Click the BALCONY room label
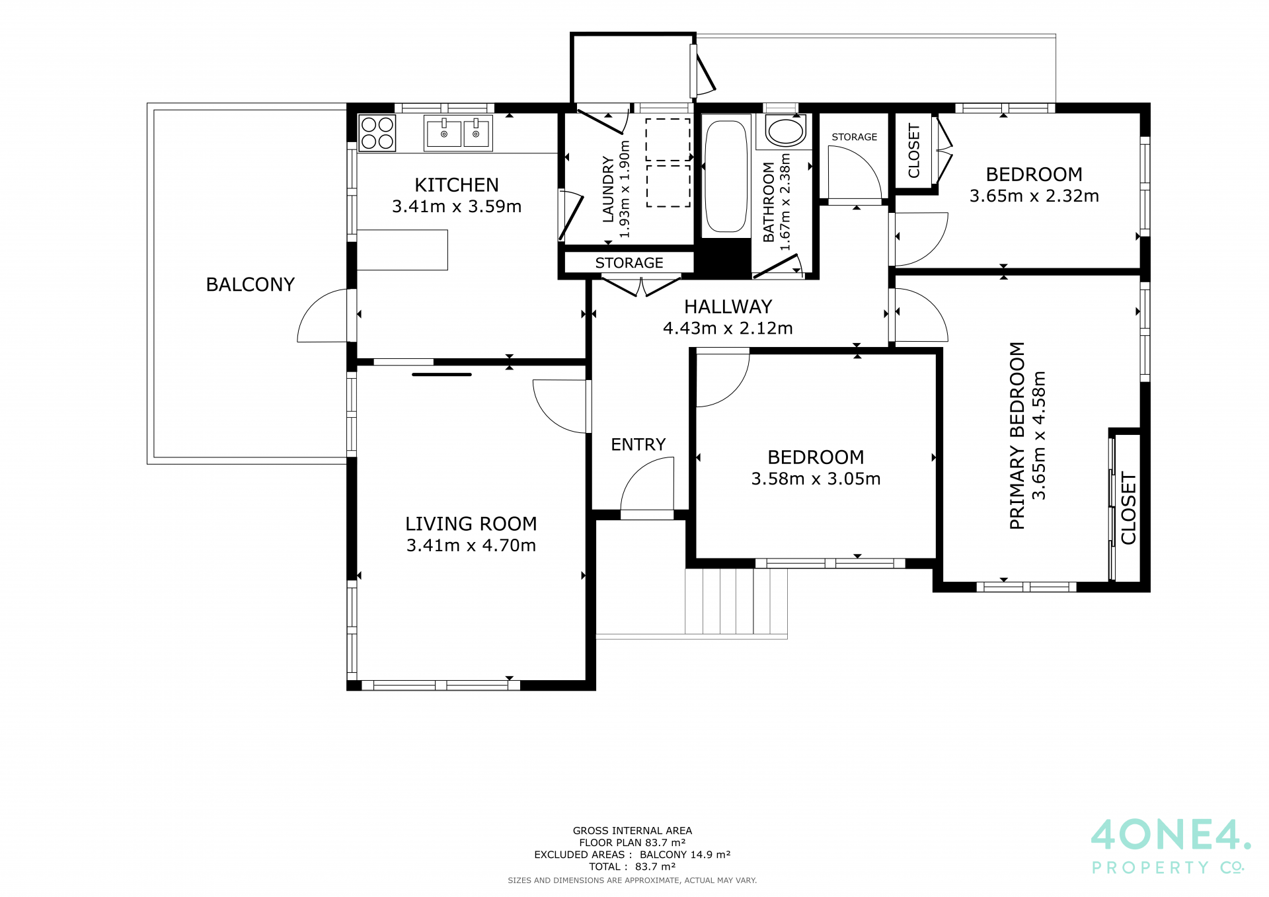click(x=250, y=284)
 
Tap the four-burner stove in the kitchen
click(x=377, y=133)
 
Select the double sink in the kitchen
click(x=458, y=133)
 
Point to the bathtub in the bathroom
click(x=726, y=176)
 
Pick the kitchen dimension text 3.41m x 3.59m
click(x=457, y=206)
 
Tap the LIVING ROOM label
click(x=471, y=524)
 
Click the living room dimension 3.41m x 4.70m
click(x=471, y=545)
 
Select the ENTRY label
click(x=638, y=444)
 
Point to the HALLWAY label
click(x=728, y=307)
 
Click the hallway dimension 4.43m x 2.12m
click(x=728, y=328)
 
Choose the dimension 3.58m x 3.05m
click(x=816, y=479)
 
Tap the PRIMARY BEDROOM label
click(x=1017, y=436)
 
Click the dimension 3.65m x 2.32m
click(x=1034, y=196)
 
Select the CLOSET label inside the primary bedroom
click(x=1128, y=508)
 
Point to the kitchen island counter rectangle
click(x=403, y=250)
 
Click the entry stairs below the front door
click(x=736, y=602)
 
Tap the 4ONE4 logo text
click(x=1170, y=835)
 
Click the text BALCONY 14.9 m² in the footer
click(x=685, y=855)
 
